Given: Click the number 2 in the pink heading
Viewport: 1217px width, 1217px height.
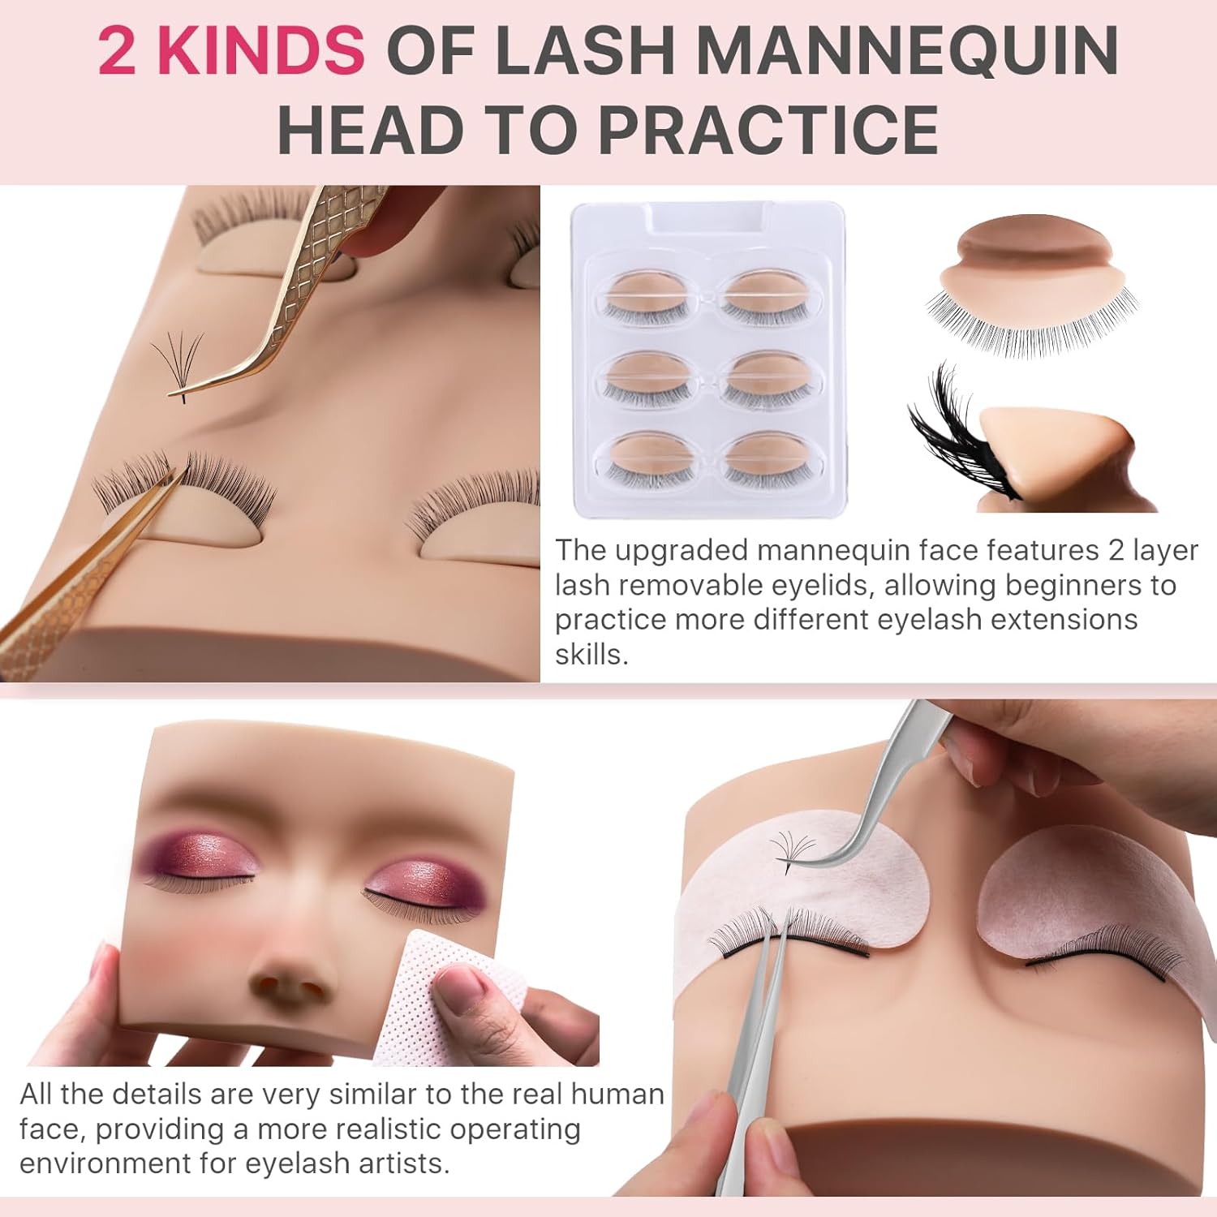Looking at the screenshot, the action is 116,50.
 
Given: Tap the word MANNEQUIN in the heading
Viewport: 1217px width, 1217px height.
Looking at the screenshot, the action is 907,50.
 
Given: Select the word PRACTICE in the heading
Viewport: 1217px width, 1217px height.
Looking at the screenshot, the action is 768,129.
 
